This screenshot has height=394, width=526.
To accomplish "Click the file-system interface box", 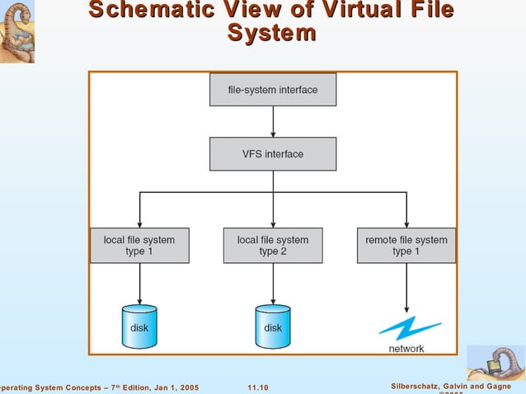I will tap(273, 90).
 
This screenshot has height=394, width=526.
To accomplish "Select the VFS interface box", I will tap(273, 154).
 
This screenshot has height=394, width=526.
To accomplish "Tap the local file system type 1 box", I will tap(139, 246).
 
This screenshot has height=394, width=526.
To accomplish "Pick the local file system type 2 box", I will tap(273, 246).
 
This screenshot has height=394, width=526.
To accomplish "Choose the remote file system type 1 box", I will tap(406, 246).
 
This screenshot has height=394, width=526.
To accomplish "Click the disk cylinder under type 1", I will tap(139, 326).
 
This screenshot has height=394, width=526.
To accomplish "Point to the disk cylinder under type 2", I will tap(273, 326).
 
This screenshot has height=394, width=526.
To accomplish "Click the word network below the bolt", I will tap(406, 349).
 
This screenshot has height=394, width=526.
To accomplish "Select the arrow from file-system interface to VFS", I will tap(273, 121).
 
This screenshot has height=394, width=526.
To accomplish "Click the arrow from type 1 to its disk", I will tap(139, 284).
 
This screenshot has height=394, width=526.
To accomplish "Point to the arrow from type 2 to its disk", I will tap(273, 284).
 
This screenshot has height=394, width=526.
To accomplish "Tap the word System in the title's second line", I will tap(271, 34).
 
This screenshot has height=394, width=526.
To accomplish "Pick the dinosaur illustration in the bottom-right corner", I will tap(495, 363).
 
